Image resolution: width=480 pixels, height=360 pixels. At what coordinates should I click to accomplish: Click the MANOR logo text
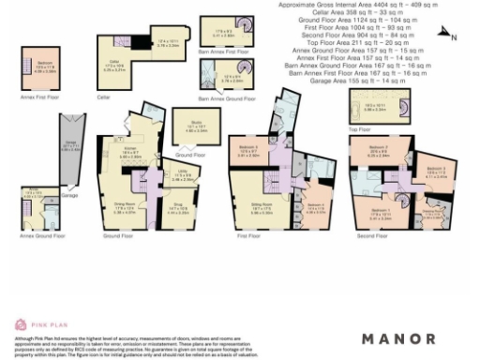tap(398, 338)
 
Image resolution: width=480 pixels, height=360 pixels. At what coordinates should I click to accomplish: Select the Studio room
tap(191, 127)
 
